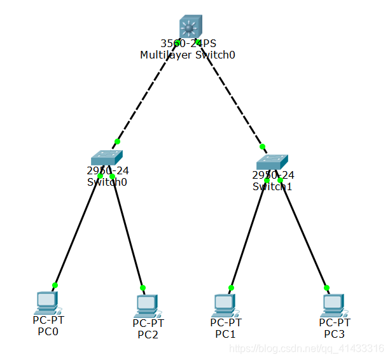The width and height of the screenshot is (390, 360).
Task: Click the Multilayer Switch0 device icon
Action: tap(188, 27)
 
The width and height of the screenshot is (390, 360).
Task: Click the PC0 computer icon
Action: tap(47, 302)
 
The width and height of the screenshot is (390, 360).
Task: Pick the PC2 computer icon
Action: tap(147, 305)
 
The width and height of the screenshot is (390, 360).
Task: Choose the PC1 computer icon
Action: tap(224, 305)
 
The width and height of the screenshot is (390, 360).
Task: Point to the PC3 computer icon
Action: tap(333, 305)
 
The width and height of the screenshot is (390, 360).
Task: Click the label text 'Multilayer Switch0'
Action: tap(188, 55)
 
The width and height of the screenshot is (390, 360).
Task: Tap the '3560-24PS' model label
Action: tap(188, 44)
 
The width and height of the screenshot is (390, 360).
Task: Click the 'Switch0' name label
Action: tap(107, 182)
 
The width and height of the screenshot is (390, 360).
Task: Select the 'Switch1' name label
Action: tap(272, 186)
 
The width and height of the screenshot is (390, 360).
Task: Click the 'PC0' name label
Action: tap(48, 331)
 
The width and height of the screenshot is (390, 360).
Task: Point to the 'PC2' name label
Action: tap(148, 335)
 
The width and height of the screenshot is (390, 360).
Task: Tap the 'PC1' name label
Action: tap(225, 333)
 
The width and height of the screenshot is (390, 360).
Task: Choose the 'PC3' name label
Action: tap(334, 333)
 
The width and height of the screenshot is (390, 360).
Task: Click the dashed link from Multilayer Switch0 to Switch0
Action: tap(147, 93)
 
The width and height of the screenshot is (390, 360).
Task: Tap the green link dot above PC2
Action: tap(143, 287)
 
